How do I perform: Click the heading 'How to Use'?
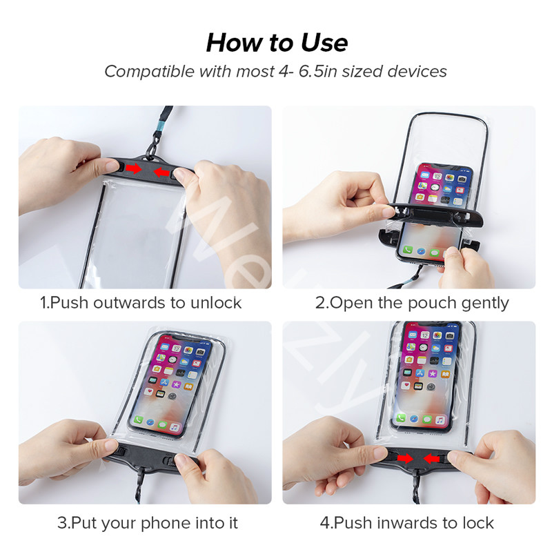tap(276, 43)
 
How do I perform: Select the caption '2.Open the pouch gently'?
tap(412, 302)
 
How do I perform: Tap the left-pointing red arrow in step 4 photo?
tap(433, 457)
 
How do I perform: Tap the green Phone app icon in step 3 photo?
tap(139, 420)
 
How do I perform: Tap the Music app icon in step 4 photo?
tap(440, 420)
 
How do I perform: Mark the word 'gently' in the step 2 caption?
tap(486, 302)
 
